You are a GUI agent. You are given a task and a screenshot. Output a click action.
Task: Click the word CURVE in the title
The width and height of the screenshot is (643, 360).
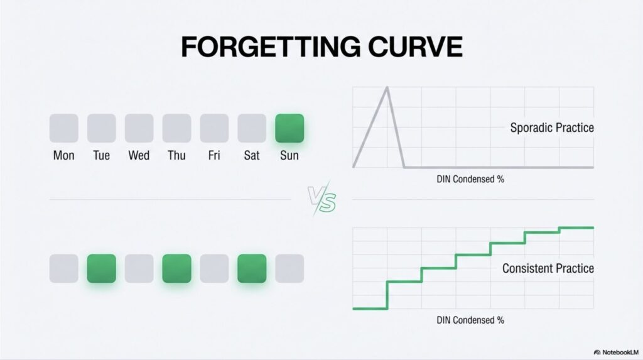[x=416, y=46]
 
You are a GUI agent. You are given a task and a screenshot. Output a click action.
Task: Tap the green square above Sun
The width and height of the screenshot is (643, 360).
[x=289, y=128]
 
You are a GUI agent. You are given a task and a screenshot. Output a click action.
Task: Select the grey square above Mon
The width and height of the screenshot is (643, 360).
[x=64, y=128]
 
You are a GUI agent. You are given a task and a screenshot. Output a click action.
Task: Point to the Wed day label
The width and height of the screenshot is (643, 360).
[x=139, y=156]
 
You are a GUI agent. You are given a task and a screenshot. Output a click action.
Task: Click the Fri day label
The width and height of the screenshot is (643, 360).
[x=214, y=156]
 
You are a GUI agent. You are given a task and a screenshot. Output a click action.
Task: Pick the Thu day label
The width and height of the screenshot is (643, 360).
[x=176, y=156]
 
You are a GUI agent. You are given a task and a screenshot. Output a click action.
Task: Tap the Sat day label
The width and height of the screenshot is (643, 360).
[x=252, y=156]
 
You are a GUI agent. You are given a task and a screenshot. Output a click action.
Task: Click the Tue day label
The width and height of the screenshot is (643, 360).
[x=101, y=156]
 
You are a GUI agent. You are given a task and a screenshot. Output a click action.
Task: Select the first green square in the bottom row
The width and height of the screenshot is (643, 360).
[x=101, y=268]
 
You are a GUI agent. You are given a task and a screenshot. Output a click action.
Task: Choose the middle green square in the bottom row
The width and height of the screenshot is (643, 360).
[x=176, y=268]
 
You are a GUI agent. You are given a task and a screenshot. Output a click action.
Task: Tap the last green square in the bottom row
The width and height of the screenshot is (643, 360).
[x=252, y=268]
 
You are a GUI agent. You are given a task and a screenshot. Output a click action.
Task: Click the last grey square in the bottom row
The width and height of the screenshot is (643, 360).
[x=289, y=268]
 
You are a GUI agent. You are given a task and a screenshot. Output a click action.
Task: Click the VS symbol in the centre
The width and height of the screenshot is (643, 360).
[x=322, y=199]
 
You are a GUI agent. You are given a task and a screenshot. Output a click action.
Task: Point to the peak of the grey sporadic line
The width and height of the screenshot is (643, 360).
[x=387, y=87]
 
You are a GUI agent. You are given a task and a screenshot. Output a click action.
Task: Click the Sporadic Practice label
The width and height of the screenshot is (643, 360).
[x=552, y=128]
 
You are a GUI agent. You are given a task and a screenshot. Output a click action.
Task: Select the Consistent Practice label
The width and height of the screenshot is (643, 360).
[x=548, y=268]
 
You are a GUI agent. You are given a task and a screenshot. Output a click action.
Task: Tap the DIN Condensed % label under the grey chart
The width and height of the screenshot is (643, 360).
[x=470, y=180]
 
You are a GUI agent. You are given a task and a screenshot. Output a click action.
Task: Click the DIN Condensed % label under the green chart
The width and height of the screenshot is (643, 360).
[x=470, y=320]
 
